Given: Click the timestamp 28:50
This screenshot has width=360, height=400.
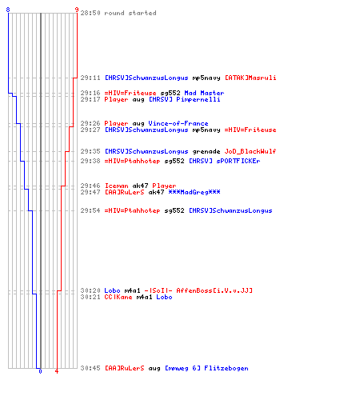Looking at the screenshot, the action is point(90,13).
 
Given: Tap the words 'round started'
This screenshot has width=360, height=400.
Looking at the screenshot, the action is point(130,13).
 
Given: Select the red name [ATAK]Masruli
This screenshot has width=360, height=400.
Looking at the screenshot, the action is point(250,78).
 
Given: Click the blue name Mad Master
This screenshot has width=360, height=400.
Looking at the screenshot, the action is point(204,93).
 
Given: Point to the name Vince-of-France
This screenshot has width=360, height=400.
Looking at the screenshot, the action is point(178,123).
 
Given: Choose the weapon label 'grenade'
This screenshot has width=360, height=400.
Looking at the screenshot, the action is point(206,151).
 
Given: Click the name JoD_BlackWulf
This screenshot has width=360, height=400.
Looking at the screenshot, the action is point(250,151).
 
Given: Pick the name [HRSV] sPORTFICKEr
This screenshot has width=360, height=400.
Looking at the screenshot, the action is point(225,161).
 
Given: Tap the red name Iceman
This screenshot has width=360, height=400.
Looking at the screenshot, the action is point(116,186).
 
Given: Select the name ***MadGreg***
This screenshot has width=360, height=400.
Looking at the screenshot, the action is point(194,192).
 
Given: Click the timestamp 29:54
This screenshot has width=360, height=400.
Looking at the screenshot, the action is point(90,210).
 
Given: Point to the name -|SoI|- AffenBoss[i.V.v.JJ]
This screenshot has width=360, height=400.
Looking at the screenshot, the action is point(198,290).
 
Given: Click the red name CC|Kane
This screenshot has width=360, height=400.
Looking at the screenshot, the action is point(118,297).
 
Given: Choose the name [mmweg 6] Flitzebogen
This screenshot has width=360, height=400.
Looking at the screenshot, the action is point(206,368).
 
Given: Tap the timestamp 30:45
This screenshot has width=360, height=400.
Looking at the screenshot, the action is point(90,368).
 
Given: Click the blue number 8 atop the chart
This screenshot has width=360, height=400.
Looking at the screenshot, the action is point(8,10).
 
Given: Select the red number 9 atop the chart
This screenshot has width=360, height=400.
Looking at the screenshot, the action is point(77,10).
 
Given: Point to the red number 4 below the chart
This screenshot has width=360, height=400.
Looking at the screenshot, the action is point(57,371).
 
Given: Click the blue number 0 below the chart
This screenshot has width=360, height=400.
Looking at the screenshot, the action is point(40,371).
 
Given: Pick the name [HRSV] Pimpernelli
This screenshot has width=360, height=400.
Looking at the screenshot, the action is point(184,99).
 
